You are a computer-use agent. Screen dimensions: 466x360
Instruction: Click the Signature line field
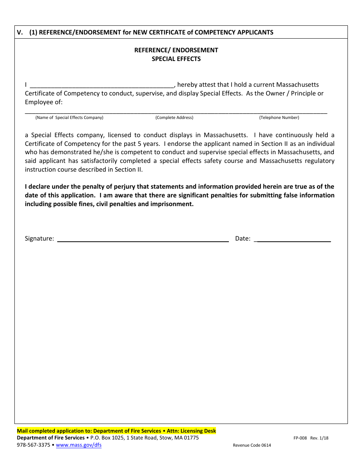[x=142, y=239]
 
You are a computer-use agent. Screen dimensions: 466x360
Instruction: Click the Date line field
[x=294, y=239]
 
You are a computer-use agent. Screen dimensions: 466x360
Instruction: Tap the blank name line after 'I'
[x=102, y=85]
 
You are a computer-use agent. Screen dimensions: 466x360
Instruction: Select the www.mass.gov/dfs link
[x=78, y=445]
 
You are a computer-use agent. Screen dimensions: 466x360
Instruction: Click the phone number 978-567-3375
[x=33, y=445]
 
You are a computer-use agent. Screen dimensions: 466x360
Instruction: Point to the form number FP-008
[x=300, y=438]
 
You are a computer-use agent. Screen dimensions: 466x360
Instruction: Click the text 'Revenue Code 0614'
[x=252, y=446]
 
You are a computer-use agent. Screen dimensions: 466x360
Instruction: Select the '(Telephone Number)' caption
[x=279, y=117]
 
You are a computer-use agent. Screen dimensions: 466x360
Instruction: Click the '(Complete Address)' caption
[x=174, y=117]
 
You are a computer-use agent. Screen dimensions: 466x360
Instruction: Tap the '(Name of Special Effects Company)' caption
[x=69, y=117]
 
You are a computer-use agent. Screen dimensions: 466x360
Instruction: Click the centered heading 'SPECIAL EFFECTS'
[x=176, y=59]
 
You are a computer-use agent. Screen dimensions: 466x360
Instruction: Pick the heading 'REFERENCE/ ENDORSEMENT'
[x=176, y=50]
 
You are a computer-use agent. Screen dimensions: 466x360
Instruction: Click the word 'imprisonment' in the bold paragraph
[x=174, y=204]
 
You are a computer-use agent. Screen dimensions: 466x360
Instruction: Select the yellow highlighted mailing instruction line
[x=116, y=431]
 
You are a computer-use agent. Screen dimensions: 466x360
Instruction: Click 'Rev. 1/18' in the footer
[x=319, y=438]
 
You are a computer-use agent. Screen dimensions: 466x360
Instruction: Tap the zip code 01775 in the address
[x=191, y=438]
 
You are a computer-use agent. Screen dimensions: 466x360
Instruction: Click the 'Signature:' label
[x=39, y=239]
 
